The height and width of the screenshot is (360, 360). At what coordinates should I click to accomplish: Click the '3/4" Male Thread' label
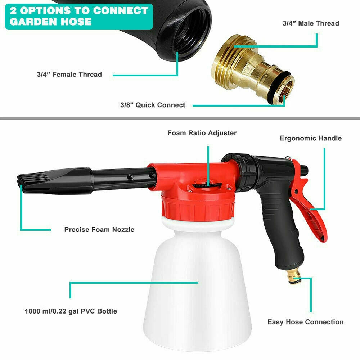coord(311,23)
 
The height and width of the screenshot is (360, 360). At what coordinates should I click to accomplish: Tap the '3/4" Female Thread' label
coord(69,75)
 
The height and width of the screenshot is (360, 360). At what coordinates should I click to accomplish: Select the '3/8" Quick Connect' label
coord(153,105)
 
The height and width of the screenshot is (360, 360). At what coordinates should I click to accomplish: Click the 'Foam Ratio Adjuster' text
coord(202,133)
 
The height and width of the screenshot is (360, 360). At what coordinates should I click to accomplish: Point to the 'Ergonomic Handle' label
coord(310,138)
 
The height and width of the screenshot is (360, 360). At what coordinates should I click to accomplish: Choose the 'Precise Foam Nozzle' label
coord(99,229)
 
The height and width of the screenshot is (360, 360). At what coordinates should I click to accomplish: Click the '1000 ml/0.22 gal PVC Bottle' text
coord(71,311)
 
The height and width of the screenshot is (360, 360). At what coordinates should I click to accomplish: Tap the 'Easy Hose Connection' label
coord(305,322)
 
